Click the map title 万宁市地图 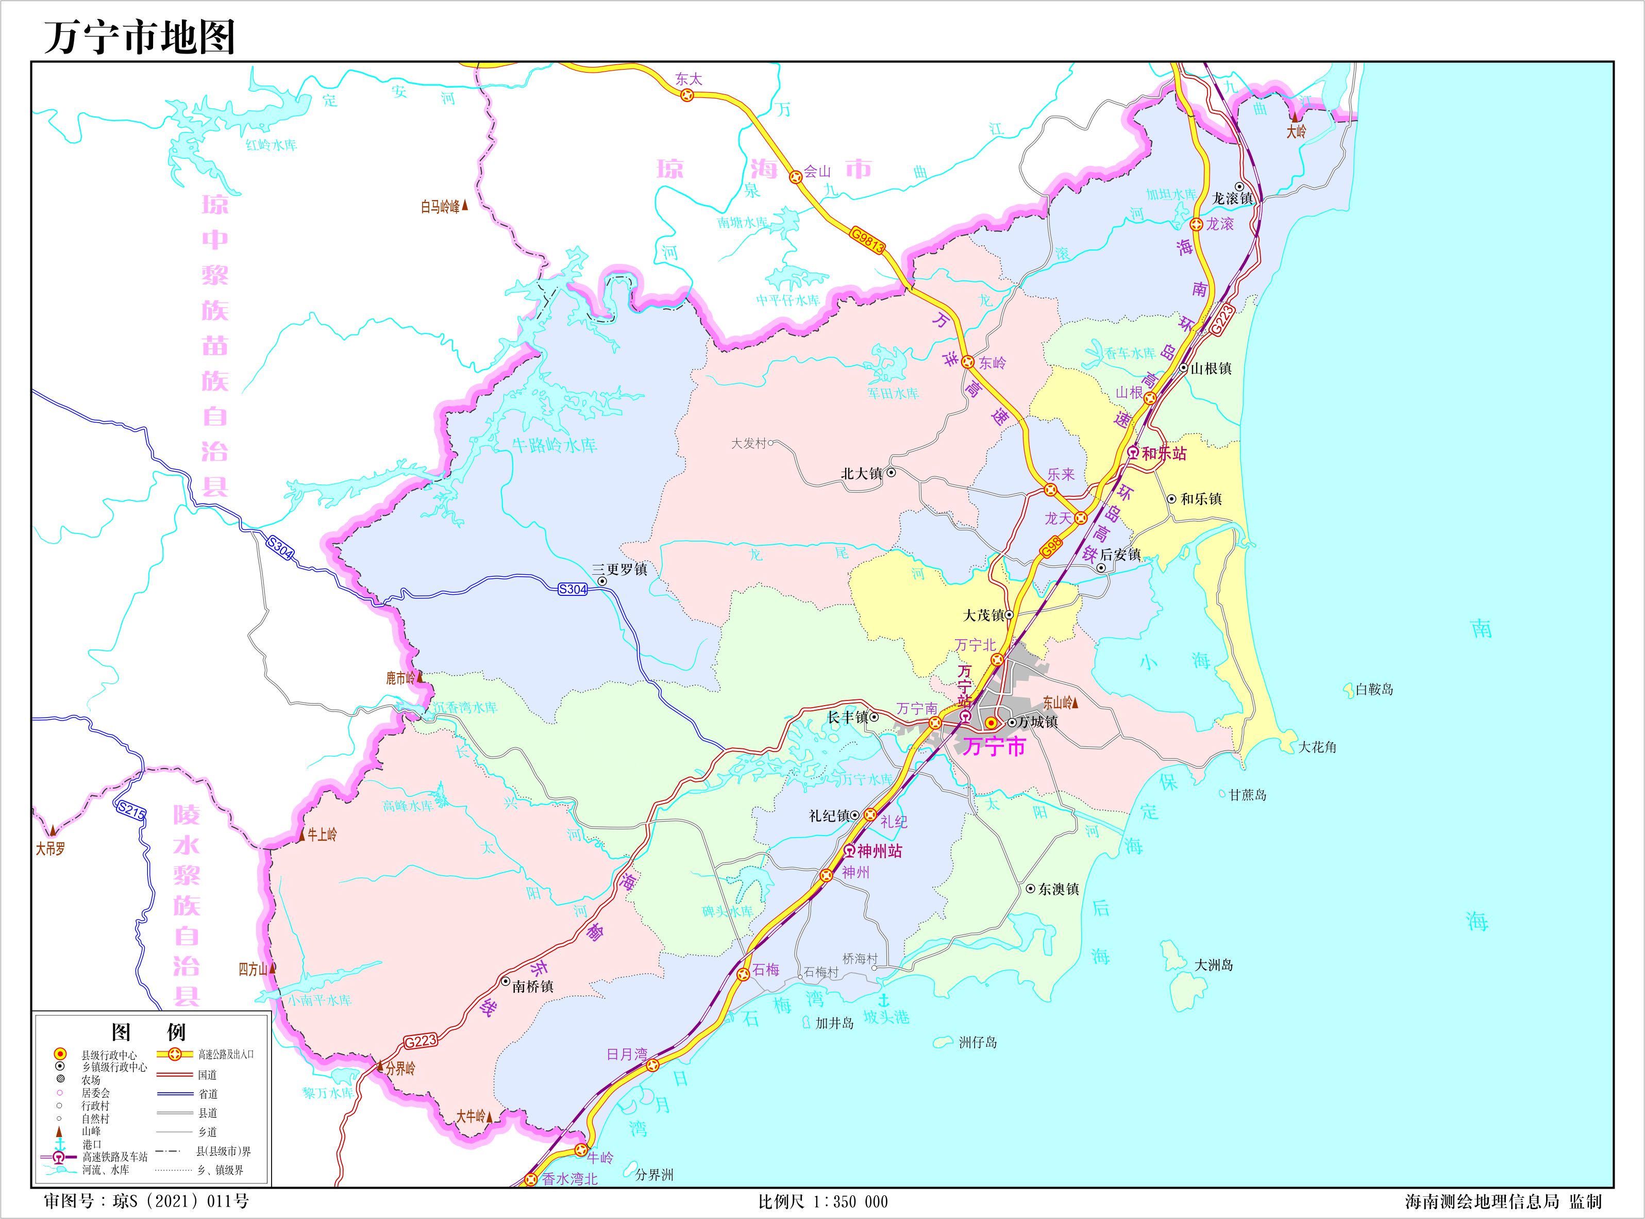140,37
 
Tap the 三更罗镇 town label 619,569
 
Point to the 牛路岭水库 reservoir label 555,445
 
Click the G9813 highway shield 867,240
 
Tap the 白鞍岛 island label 1374,689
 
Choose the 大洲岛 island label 1214,965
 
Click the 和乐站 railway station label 1164,453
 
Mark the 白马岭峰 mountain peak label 441,207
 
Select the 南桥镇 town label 532,987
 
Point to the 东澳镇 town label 1059,889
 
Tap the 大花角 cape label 1317,747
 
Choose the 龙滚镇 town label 1233,198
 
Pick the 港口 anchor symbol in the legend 60,1144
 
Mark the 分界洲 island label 654,1175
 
